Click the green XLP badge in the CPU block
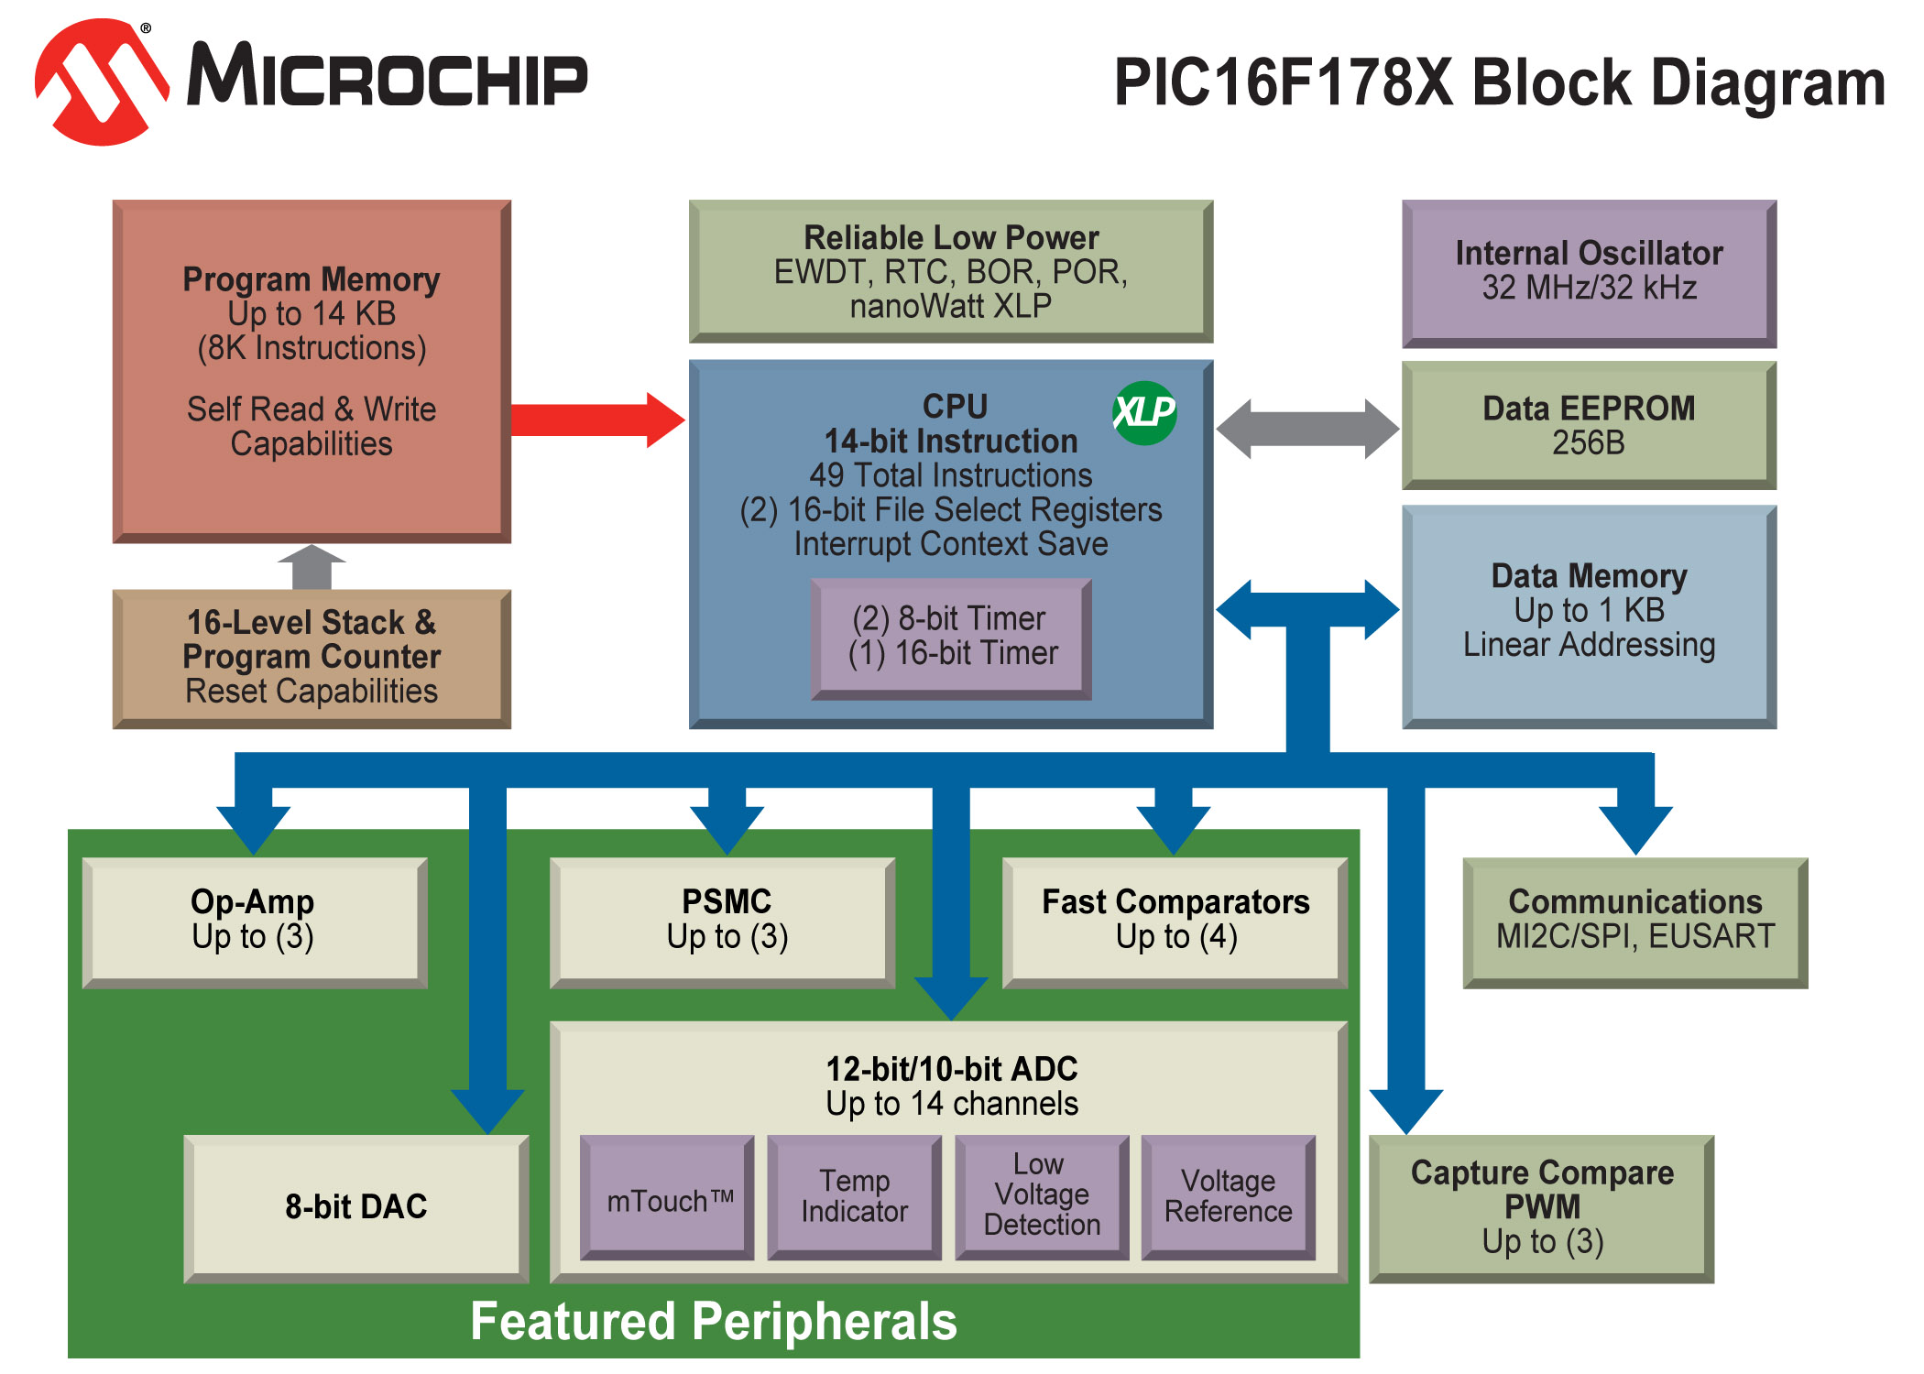[x=1144, y=412]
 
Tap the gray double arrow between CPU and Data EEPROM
[x=1307, y=429]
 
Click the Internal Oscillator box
[x=1589, y=272]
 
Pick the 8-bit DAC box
[x=356, y=1207]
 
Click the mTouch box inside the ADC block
[x=668, y=1198]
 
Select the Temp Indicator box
[x=854, y=1196]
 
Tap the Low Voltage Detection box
[x=1042, y=1196]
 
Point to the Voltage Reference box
[x=1228, y=1196]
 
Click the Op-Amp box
[x=254, y=921]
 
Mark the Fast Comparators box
[x=1175, y=921]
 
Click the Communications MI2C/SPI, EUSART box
[x=1634, y=921]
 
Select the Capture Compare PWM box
[x=1542, y=1207]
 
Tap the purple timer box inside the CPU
[x=952, y=638]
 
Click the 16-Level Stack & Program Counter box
[x=312, y=658]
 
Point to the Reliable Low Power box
[x=951, y=271]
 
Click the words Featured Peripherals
[x=713, y=1321]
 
